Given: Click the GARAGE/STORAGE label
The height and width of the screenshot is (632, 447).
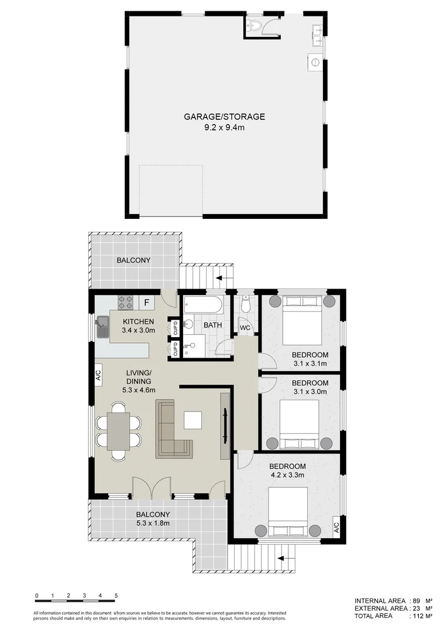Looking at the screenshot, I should pos(224,116).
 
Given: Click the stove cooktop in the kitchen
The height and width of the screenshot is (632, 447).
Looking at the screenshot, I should pos(126,302).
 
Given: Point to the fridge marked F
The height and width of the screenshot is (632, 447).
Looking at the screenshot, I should pos(146,303).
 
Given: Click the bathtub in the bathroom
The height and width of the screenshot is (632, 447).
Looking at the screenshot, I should pos(202,304).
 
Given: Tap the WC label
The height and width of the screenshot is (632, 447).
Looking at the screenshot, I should pos(245,328).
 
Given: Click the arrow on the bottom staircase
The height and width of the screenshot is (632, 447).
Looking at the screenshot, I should pos(287,559).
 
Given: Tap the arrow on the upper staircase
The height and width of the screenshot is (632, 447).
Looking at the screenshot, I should pos(220,278).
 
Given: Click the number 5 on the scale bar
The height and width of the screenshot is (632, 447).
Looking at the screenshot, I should pos(116,596).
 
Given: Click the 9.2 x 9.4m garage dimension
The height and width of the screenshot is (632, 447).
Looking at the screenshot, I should pos(224,127).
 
